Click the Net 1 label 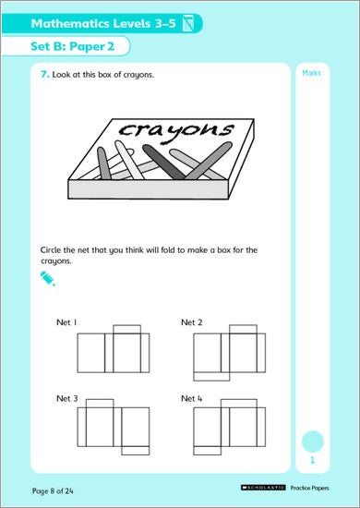coord(66,322)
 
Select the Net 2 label coord(192,322)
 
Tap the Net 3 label coord(67,398)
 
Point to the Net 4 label coord(192,398)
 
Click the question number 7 coord(44,75)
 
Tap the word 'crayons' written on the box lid coord(175,130)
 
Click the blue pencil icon coord(48,279)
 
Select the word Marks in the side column coord(311,73)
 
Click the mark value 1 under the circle coord(312,460)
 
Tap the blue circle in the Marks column coord(313,441)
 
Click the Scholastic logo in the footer coord(263,488)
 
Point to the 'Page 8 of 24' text coord(53,491)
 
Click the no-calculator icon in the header coord(187,23)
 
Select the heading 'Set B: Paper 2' coord(73,46)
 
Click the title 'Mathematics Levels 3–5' coord(103,24)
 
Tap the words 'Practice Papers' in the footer coord(310,488)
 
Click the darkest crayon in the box coord(163,162)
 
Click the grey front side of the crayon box coord(149,189)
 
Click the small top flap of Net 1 coord(126,329)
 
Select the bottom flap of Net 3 coord(136,451)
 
